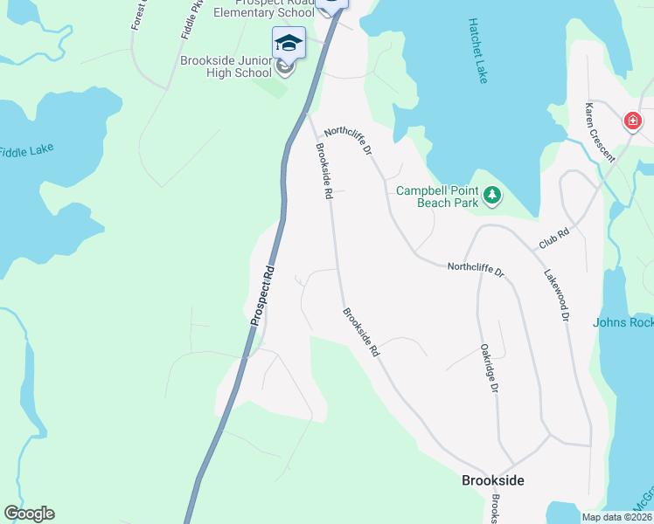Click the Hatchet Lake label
pos(477,51)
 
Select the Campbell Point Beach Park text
pos(437,196)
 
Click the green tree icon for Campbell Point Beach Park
pos(493,195)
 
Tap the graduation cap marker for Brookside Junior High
pos(289,42)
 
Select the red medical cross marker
pos(632,121)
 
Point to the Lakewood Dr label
pos(556,295)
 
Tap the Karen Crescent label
pos(601,132)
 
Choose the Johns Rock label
pos(623,322)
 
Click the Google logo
pos(29,514)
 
